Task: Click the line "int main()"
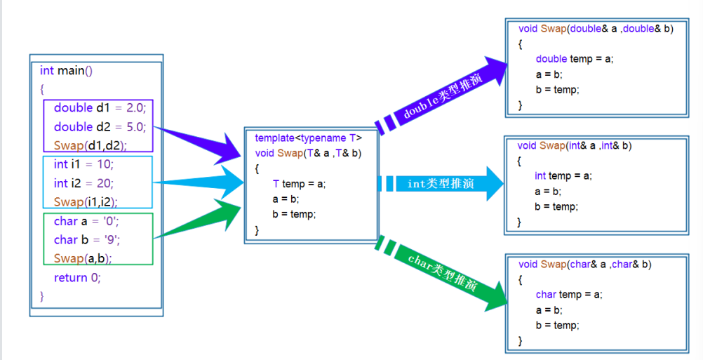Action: [66, 70]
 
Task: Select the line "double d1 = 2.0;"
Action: [98, 108]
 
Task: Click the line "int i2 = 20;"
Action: [83, 183]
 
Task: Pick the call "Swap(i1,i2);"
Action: [86, 202]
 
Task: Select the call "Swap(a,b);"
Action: [83, 258]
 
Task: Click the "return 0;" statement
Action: [77, 277]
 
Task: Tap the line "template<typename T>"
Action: [308, 138]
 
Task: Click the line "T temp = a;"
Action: [299, 184]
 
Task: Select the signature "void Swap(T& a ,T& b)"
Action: [308, 153]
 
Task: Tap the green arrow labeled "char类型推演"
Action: [442, 272]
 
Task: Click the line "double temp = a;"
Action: [574, 59]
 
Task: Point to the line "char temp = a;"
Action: [568, 295]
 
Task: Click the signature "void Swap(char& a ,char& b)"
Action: [584, 265]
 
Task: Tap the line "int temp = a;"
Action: [563, 175]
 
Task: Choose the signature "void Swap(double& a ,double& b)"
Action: [595, 29]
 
